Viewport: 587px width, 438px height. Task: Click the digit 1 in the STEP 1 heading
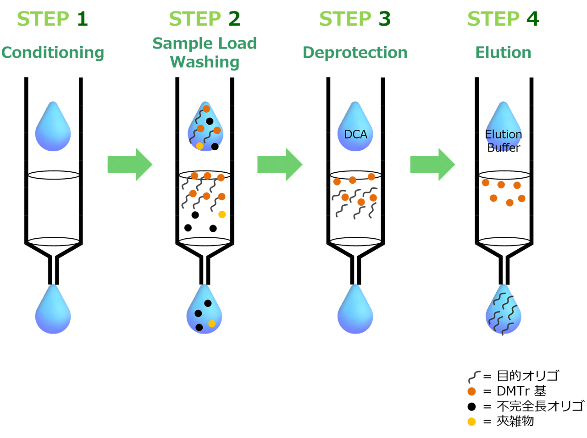83,19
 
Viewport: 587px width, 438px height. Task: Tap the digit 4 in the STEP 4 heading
532,19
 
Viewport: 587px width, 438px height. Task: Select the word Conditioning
53,53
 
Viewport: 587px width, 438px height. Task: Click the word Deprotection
355,52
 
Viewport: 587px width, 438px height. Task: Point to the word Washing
205,62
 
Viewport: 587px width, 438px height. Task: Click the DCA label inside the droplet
356,134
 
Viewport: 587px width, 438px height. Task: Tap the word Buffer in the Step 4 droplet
504,148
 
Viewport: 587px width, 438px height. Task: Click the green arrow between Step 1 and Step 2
130,164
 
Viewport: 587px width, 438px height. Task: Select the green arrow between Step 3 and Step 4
433,164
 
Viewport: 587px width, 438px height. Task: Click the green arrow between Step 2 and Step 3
280,164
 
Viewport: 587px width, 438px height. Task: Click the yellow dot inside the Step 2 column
222,214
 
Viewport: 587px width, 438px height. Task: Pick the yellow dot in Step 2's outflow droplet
212,324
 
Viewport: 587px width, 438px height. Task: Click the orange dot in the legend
471,392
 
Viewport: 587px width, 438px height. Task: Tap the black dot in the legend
471,407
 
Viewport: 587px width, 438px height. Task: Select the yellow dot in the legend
471,422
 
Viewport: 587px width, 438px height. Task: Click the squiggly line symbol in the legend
474,377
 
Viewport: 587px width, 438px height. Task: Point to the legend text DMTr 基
521,391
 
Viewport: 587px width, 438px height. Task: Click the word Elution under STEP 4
503,52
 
